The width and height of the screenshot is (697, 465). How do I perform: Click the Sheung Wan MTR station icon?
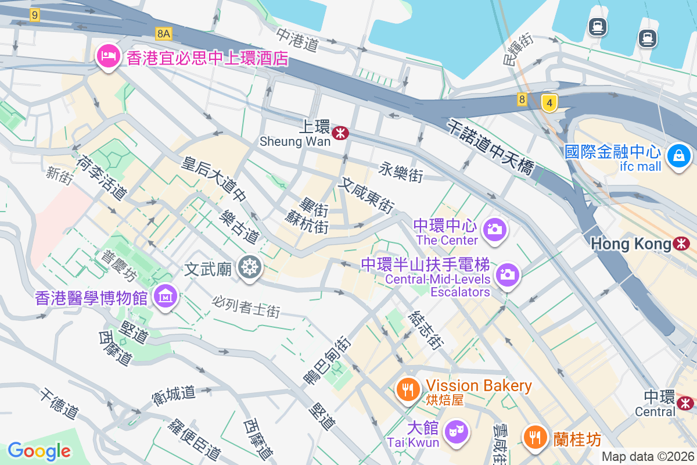tap(340, 134)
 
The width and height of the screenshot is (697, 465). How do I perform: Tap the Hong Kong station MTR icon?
tap(681, 244)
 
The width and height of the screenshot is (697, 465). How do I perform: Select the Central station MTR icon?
tap(686, 402)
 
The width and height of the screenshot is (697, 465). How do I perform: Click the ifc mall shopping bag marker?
tap(678, 155)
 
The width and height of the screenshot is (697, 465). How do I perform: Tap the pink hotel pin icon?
tap(108, 56)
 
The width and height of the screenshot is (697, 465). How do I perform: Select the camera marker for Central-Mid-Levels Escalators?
tap(508, 274)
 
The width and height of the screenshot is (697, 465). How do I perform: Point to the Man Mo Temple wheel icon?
tap(250, 268)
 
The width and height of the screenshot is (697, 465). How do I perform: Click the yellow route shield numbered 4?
tap(549, 103)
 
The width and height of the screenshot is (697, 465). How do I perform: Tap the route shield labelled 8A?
tap(164, 34)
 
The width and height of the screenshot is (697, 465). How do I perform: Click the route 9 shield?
tap(35, 15)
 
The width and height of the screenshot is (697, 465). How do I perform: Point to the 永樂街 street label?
tap(401, 172)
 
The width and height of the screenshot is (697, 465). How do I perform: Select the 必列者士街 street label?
tap(246, 307)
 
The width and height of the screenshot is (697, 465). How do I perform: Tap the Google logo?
tap(39, 450)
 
